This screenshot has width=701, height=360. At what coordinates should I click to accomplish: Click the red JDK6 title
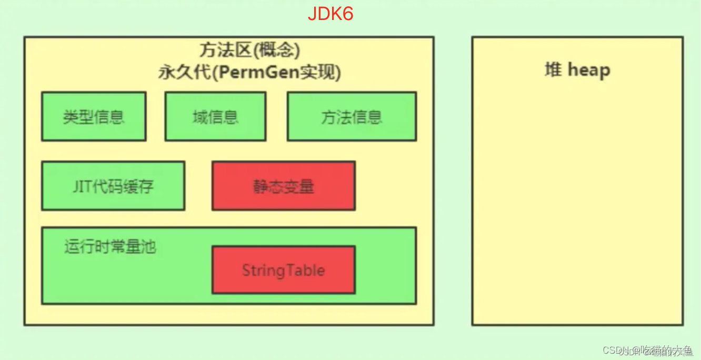(331, 13)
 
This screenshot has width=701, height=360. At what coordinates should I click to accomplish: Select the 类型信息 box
(94, 116)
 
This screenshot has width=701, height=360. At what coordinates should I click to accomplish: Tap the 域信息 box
(215, 116)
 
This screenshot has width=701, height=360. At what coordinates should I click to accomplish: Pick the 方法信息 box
(352, 116)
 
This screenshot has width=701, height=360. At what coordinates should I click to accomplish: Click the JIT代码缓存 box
(113, 186)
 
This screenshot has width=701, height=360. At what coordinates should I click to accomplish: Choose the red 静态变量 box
(283, 186)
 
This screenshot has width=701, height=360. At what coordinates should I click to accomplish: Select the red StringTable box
(283, 270)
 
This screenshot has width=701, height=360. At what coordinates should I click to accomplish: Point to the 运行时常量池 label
(110, 246)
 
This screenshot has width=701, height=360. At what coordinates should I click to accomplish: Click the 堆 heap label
(577, 69)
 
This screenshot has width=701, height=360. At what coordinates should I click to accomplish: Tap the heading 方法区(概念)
(249, 51)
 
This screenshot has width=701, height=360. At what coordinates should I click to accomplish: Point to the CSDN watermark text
(647, 351)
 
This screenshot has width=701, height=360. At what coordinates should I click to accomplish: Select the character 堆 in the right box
(553, 69)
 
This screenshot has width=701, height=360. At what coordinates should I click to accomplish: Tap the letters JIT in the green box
(82, 186)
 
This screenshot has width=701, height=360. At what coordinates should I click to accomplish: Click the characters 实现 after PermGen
(319, 73)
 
